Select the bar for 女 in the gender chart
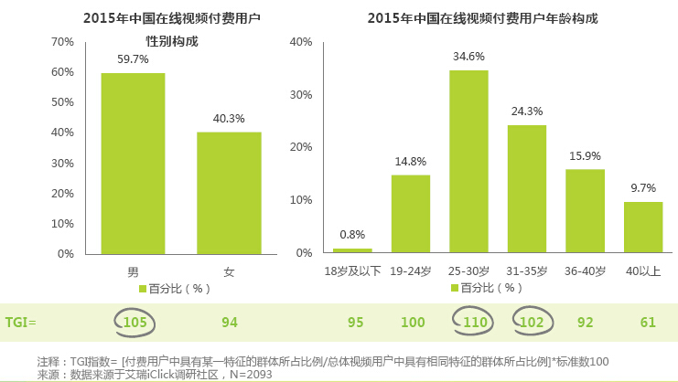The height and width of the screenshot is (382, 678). coord(229,193)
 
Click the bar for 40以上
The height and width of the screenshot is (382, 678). coord(643,228)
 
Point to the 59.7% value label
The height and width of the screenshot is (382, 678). coord(133,59)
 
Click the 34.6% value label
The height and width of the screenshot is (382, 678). coord(468,57)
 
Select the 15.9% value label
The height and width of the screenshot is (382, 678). coord(585,155)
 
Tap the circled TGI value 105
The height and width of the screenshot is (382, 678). coord(135,322)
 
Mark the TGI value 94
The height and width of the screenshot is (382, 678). coord(230,322)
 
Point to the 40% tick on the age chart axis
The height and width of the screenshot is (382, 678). coord(301,42)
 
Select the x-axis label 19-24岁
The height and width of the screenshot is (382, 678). coord(410,271)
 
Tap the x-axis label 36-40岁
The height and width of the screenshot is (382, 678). coord(586,271)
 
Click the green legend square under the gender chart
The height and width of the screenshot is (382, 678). coord(143,288)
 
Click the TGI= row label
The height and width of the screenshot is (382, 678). coord(21,322)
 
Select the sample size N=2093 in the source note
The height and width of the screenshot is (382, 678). coord(248,374)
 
